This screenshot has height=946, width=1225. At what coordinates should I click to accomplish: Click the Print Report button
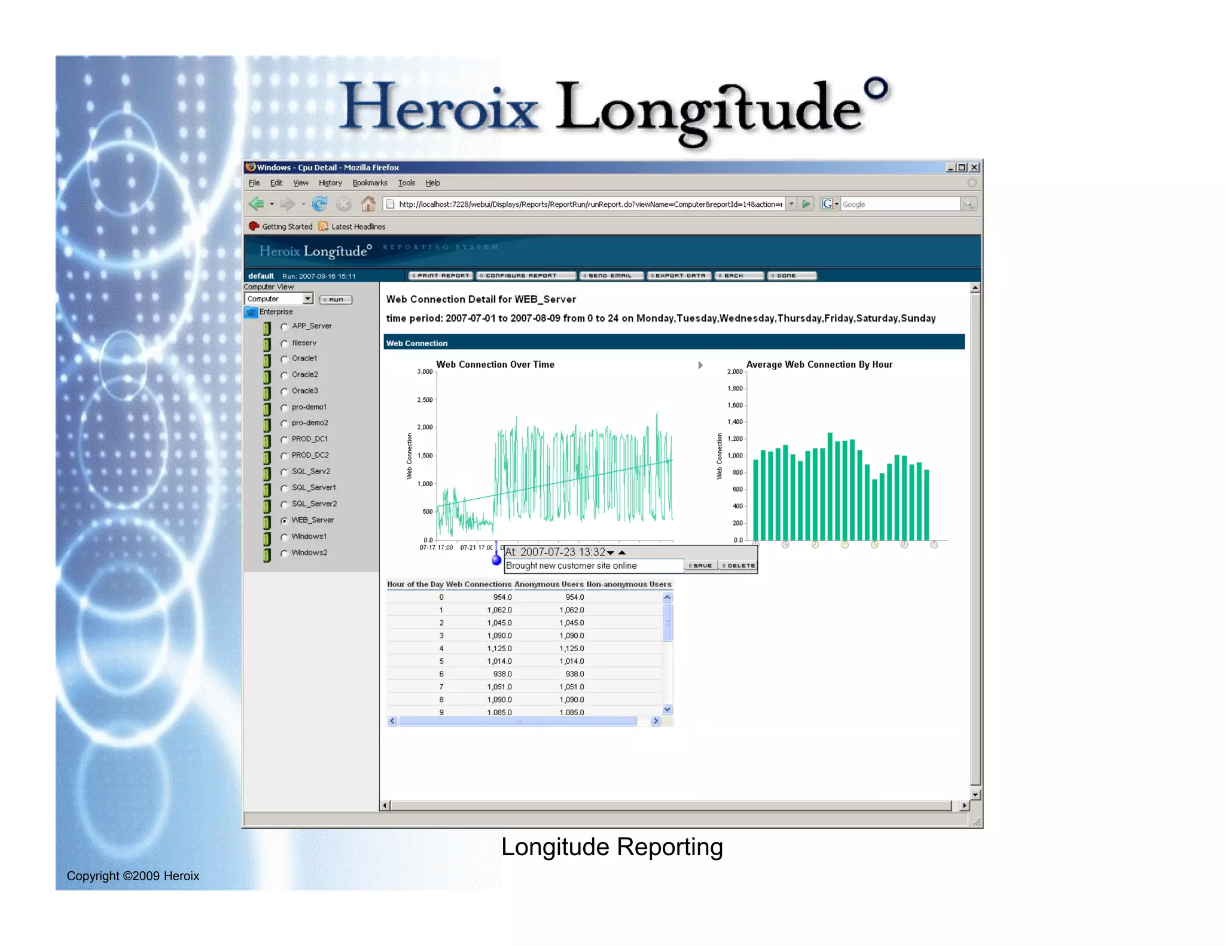[x=441, y=276]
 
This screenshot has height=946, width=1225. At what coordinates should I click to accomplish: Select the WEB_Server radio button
[x=285, y=521]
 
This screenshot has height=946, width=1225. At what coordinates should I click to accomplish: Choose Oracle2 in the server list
[x=285, y=376]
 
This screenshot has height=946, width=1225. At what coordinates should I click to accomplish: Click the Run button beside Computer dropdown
[x=336, y=300]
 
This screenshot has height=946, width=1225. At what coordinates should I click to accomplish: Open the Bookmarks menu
[x=370, y=183]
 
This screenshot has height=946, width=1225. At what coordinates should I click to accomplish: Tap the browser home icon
[x=368, y=205]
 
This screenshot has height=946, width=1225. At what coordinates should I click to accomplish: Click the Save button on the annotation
[x=700, y=566]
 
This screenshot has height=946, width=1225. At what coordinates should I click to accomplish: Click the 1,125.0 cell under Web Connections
[x=499, y=649]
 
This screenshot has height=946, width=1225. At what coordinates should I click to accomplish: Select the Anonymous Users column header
[x=548, y=584]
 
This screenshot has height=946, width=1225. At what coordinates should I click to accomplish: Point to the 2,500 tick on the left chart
[x=425, y=400]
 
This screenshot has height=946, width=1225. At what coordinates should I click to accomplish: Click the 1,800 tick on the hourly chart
[x=735, y=389]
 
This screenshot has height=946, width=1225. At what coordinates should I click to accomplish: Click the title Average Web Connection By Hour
[x=819, y=365]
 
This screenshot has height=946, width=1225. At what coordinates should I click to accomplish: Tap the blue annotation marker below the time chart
[x=496, y=560]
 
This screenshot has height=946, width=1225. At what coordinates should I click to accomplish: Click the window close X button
[x=974, y=167]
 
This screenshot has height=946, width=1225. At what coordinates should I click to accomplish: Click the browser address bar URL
[x=590, y=205]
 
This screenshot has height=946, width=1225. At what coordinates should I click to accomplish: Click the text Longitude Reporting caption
[x=612, y=847]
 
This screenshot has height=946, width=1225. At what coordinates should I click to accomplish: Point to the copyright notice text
[x=133, y=876]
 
